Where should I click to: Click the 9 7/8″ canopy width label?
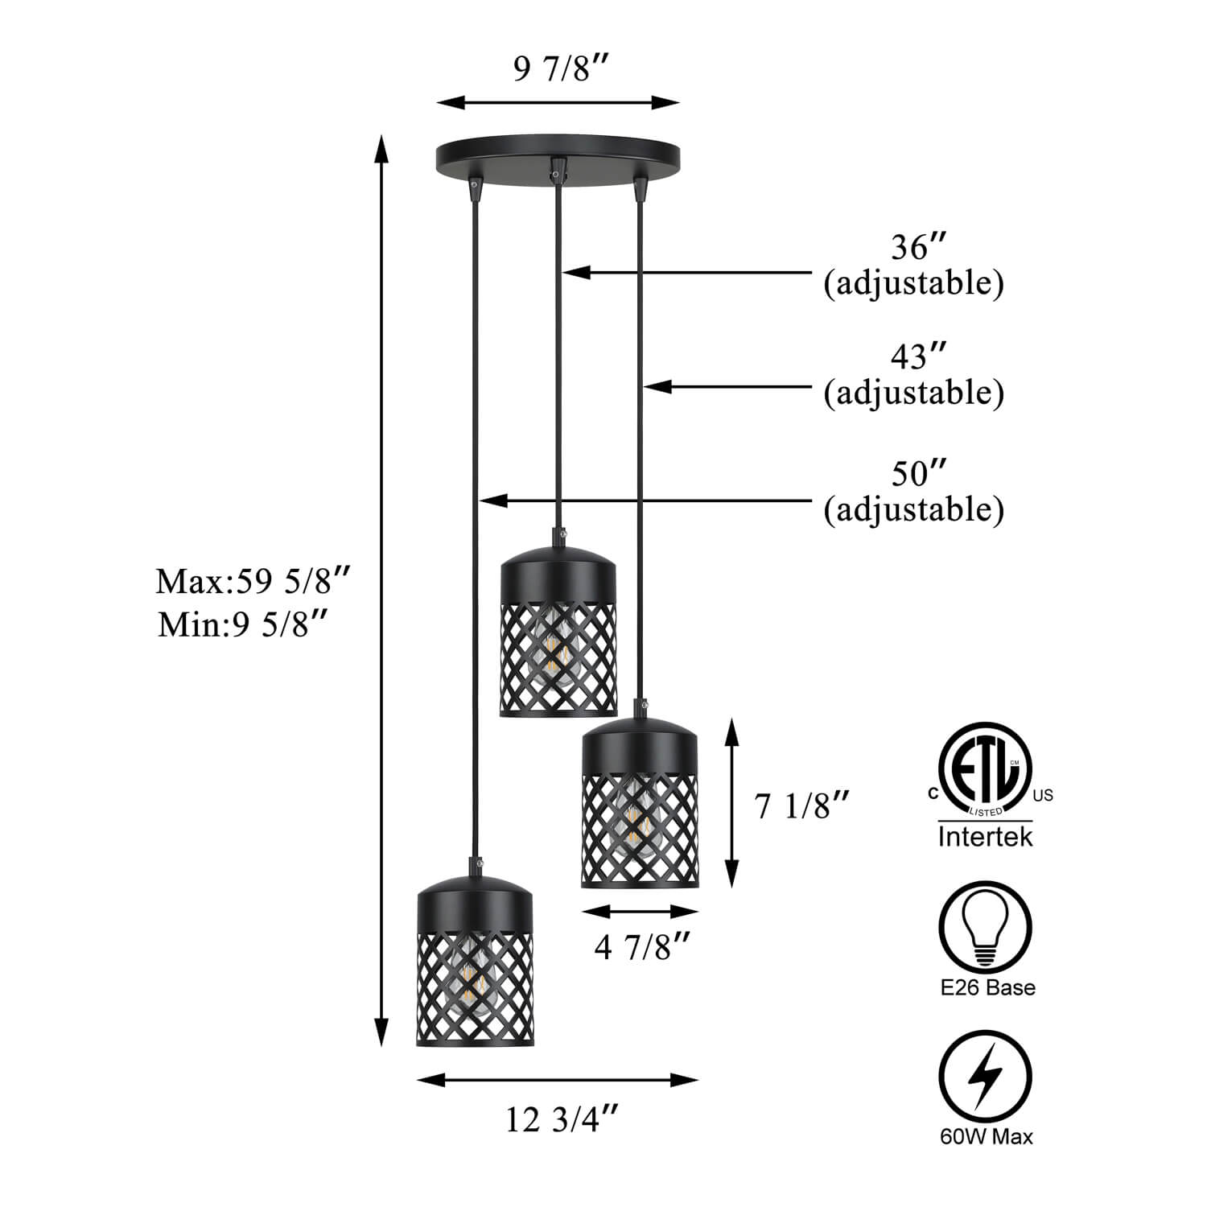click(x=558, y=71)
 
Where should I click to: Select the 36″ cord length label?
click(x=913, y=248)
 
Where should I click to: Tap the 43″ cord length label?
click(x=913, y=356)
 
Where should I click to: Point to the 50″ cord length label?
click(x=913, y=473)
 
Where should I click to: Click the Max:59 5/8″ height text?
click(x=253, y=581)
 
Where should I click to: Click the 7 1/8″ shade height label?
click(x=802, y=805)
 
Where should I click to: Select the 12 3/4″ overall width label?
click(x=562, y=1119)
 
